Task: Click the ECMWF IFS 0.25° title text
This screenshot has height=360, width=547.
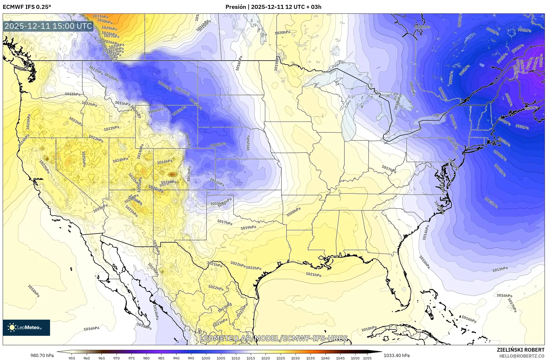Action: (27, 7)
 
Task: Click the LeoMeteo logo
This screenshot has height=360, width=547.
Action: (26, 327)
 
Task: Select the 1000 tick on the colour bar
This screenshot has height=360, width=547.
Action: (206, 358)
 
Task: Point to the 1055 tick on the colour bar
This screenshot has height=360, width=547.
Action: (367, 358)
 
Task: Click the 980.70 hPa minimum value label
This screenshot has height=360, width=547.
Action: (42, 355)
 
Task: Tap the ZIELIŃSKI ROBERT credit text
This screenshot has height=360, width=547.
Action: (520, 350)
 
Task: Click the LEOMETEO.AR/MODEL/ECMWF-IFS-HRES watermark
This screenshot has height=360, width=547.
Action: (274, 338)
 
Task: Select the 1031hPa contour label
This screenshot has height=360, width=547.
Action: (101, 16)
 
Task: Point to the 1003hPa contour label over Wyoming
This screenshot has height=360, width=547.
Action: (179, 111)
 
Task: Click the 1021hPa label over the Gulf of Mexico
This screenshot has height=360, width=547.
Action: (313, 274)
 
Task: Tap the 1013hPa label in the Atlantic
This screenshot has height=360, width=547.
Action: (500, 269)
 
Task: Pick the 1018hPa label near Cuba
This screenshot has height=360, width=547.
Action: (369, 329)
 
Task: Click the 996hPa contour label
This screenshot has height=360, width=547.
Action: (524, 30)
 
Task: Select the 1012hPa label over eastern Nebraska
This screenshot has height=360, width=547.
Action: (248, 143)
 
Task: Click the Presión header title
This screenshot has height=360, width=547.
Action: (273, 7)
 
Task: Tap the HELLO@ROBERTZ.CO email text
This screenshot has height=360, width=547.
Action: (522, 356)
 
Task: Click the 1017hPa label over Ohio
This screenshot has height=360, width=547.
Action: (389, 169)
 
